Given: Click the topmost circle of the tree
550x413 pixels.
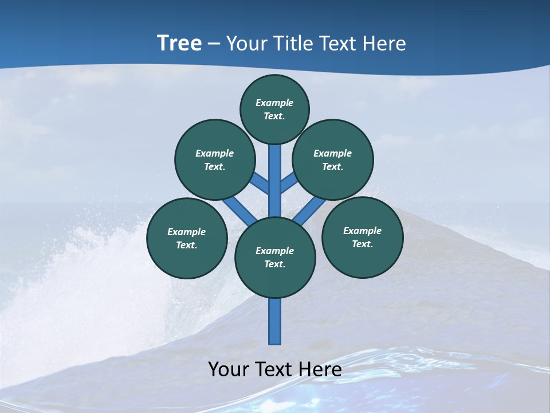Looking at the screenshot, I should click(x=274, y=109).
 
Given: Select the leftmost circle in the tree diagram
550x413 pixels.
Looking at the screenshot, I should click(x=187, y=238).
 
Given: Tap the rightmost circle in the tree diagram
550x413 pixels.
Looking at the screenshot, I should click(x=362, y=237).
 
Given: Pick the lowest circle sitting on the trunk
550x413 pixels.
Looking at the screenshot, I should click(x=275, y=258).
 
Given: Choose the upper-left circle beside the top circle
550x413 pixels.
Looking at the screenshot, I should click(x=215, y=159).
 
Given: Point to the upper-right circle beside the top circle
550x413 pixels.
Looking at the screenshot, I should click(x=333, y=159).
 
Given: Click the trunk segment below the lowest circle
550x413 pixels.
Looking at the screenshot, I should click(x=275, y=321).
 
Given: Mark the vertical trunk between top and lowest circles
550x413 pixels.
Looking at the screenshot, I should click(x=275, y=181).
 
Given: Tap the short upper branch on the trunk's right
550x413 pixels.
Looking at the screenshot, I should click(x=289, y=182).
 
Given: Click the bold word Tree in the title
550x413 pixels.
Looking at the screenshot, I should click(x=179, y=43).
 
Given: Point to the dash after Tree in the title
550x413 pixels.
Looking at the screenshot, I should click(x=214, y=44).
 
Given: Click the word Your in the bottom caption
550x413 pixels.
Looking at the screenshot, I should click(x=229, y=369).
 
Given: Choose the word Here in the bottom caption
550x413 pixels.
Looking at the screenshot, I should click(x=320, y=369).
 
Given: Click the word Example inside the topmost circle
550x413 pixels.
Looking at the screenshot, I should click(x=274, y=103).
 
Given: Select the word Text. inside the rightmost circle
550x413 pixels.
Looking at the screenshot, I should click(x=362, y=244).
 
